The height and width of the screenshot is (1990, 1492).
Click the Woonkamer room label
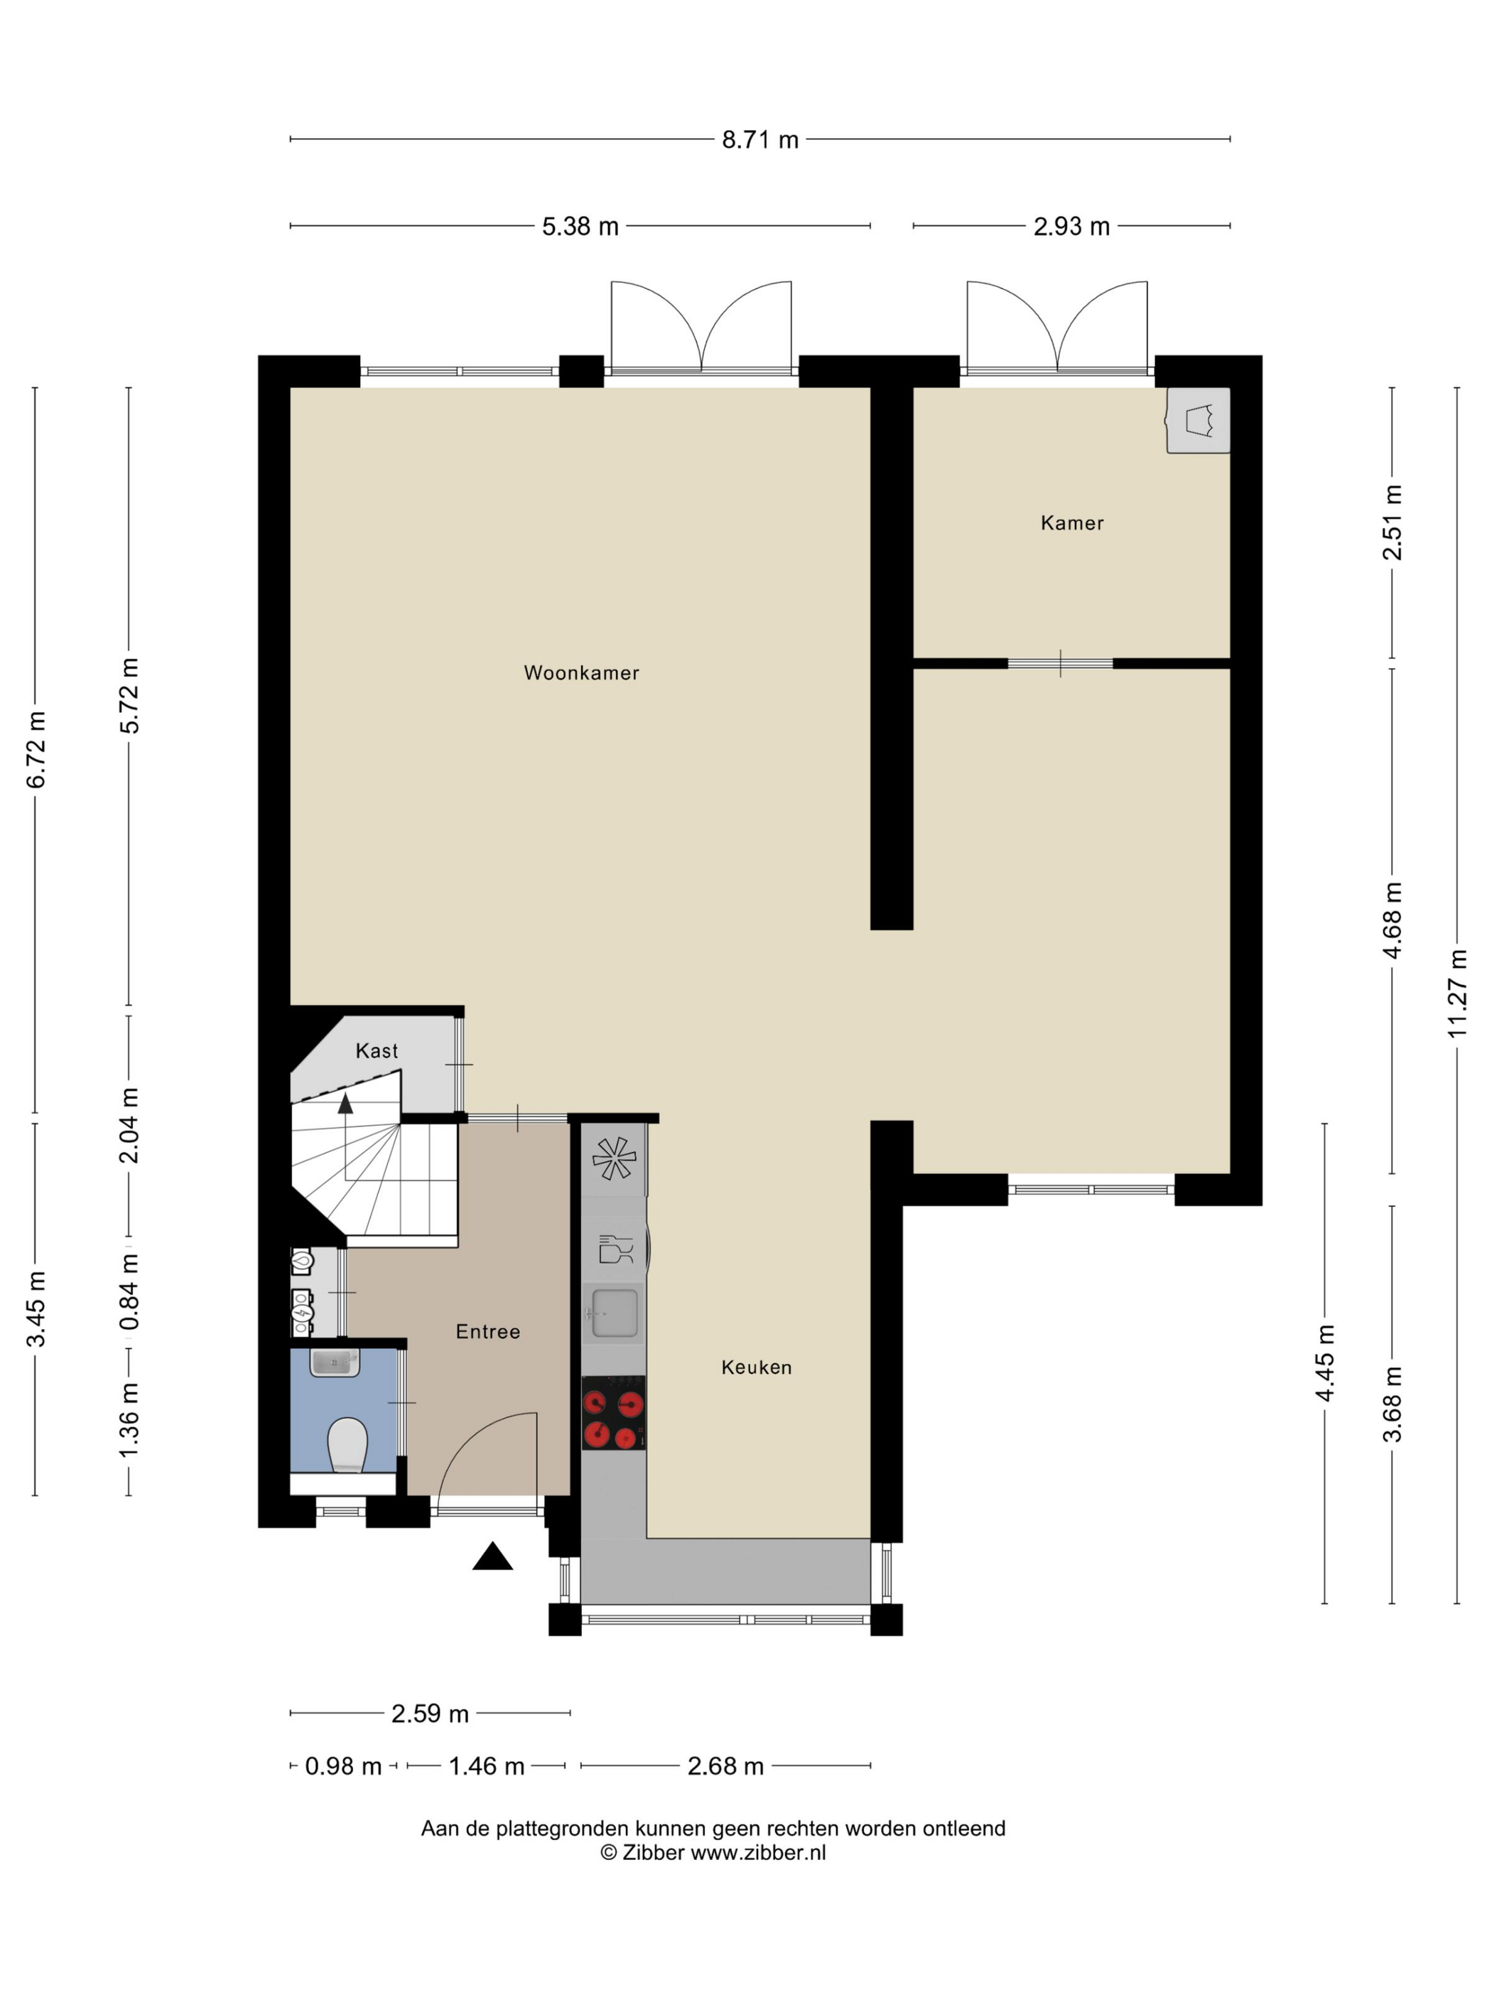[581, 672]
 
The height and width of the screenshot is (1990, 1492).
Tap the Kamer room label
[1071, 522]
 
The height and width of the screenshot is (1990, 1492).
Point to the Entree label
[487, 1330]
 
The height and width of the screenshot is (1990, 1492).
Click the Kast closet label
[376, 1050]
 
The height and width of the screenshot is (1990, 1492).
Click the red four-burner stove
[613, 1411]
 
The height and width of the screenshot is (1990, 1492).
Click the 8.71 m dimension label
[760, 139]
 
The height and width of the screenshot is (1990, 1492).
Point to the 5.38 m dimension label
[580, 226]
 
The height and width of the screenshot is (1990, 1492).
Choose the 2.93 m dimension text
[1071, 226]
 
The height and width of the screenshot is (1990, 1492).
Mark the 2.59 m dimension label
[430, 1713]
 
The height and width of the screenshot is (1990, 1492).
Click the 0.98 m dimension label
[344, 1765]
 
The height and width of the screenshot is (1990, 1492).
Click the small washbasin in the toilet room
[335, 1363]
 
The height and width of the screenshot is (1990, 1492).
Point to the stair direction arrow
[345, 1104]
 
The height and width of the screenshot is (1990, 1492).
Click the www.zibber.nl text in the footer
[758, 1852]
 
